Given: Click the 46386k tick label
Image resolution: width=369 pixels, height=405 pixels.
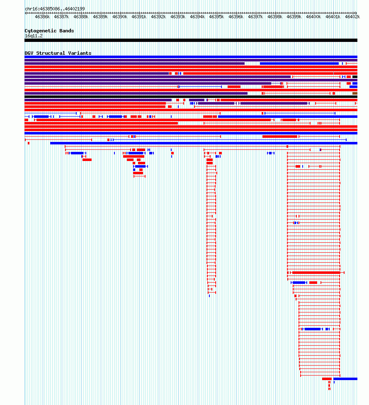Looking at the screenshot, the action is pos(42,17).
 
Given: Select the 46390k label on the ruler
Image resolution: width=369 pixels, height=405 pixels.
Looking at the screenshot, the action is pos(120,17).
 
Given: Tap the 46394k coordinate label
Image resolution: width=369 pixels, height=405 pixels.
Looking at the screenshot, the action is pos(197,17).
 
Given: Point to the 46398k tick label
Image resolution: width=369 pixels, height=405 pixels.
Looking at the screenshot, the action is pos(275,17).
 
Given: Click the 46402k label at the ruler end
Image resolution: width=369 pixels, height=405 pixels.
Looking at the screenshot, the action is pos(352,17).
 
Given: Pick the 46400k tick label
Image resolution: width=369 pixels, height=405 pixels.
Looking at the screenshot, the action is pos(313,17).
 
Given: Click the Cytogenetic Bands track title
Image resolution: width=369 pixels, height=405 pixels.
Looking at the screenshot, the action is pos(49,31).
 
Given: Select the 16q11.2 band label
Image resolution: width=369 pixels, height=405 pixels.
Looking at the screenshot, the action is pos(34,36).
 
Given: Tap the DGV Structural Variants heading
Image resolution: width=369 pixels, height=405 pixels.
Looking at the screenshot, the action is pos(58,53).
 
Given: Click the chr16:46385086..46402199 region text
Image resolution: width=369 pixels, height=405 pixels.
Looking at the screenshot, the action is pos(55,9).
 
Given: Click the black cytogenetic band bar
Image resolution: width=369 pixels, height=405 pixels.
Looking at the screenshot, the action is pos(191,40).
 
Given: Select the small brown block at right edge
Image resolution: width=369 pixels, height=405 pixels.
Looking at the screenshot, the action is pos(355,93).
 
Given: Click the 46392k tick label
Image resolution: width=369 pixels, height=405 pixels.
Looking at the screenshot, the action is pos(158,17).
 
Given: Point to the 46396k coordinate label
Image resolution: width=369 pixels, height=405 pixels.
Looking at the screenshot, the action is pos(236,17).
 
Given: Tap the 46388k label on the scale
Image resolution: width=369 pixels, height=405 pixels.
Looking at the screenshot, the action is pos(81,17).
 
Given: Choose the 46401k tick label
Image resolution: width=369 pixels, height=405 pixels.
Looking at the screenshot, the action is pos(333,17).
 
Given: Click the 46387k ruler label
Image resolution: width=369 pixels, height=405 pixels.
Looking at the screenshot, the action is pos(61,17).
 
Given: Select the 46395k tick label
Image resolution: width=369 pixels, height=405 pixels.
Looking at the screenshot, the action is pos(216,17).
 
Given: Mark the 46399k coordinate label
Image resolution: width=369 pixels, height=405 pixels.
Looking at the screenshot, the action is pos(294,17).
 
